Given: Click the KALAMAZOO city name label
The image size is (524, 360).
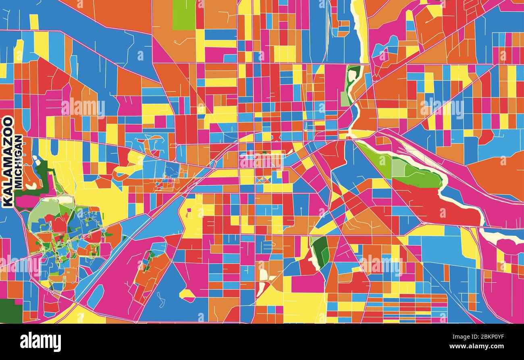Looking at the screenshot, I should click(8, 161).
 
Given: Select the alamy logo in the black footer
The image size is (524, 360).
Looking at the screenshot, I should click(40, 342).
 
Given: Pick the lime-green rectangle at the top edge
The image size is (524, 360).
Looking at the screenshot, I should click(184, 15).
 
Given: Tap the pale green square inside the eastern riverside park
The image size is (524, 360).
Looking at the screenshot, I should click(399, 167).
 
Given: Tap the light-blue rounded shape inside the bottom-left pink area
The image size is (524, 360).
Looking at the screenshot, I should click(96, 296).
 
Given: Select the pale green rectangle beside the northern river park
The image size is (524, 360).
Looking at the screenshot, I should click(345, 98).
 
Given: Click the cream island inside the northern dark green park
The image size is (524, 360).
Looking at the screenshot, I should click(352, 75).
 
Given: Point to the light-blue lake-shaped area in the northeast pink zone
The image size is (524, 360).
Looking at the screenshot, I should click(385, 46).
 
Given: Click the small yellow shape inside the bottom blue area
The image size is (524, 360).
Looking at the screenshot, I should click(187, 294).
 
